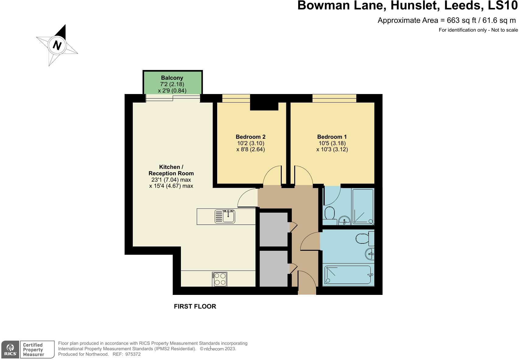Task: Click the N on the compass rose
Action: coord(57,45)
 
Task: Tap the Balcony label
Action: coord(172,78)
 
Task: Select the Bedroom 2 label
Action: coord(250,137)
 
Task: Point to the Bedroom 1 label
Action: coord(332,137)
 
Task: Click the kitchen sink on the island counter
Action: coord(225,216)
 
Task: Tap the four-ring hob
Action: coord(219,279)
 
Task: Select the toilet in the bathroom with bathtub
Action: coord(365,238)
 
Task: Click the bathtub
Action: coord(349,275)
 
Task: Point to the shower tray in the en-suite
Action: coord(363,207)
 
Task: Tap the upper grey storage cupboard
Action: coord(274,229)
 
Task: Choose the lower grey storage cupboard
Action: coord(274,269)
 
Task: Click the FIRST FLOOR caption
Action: coord(195,306)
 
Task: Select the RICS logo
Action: coord(10,350)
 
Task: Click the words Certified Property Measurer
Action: coord(34,350)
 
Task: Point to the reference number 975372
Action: coord(133,354)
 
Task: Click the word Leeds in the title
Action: coord(462,5)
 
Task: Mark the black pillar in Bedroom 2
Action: coord(264,102)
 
